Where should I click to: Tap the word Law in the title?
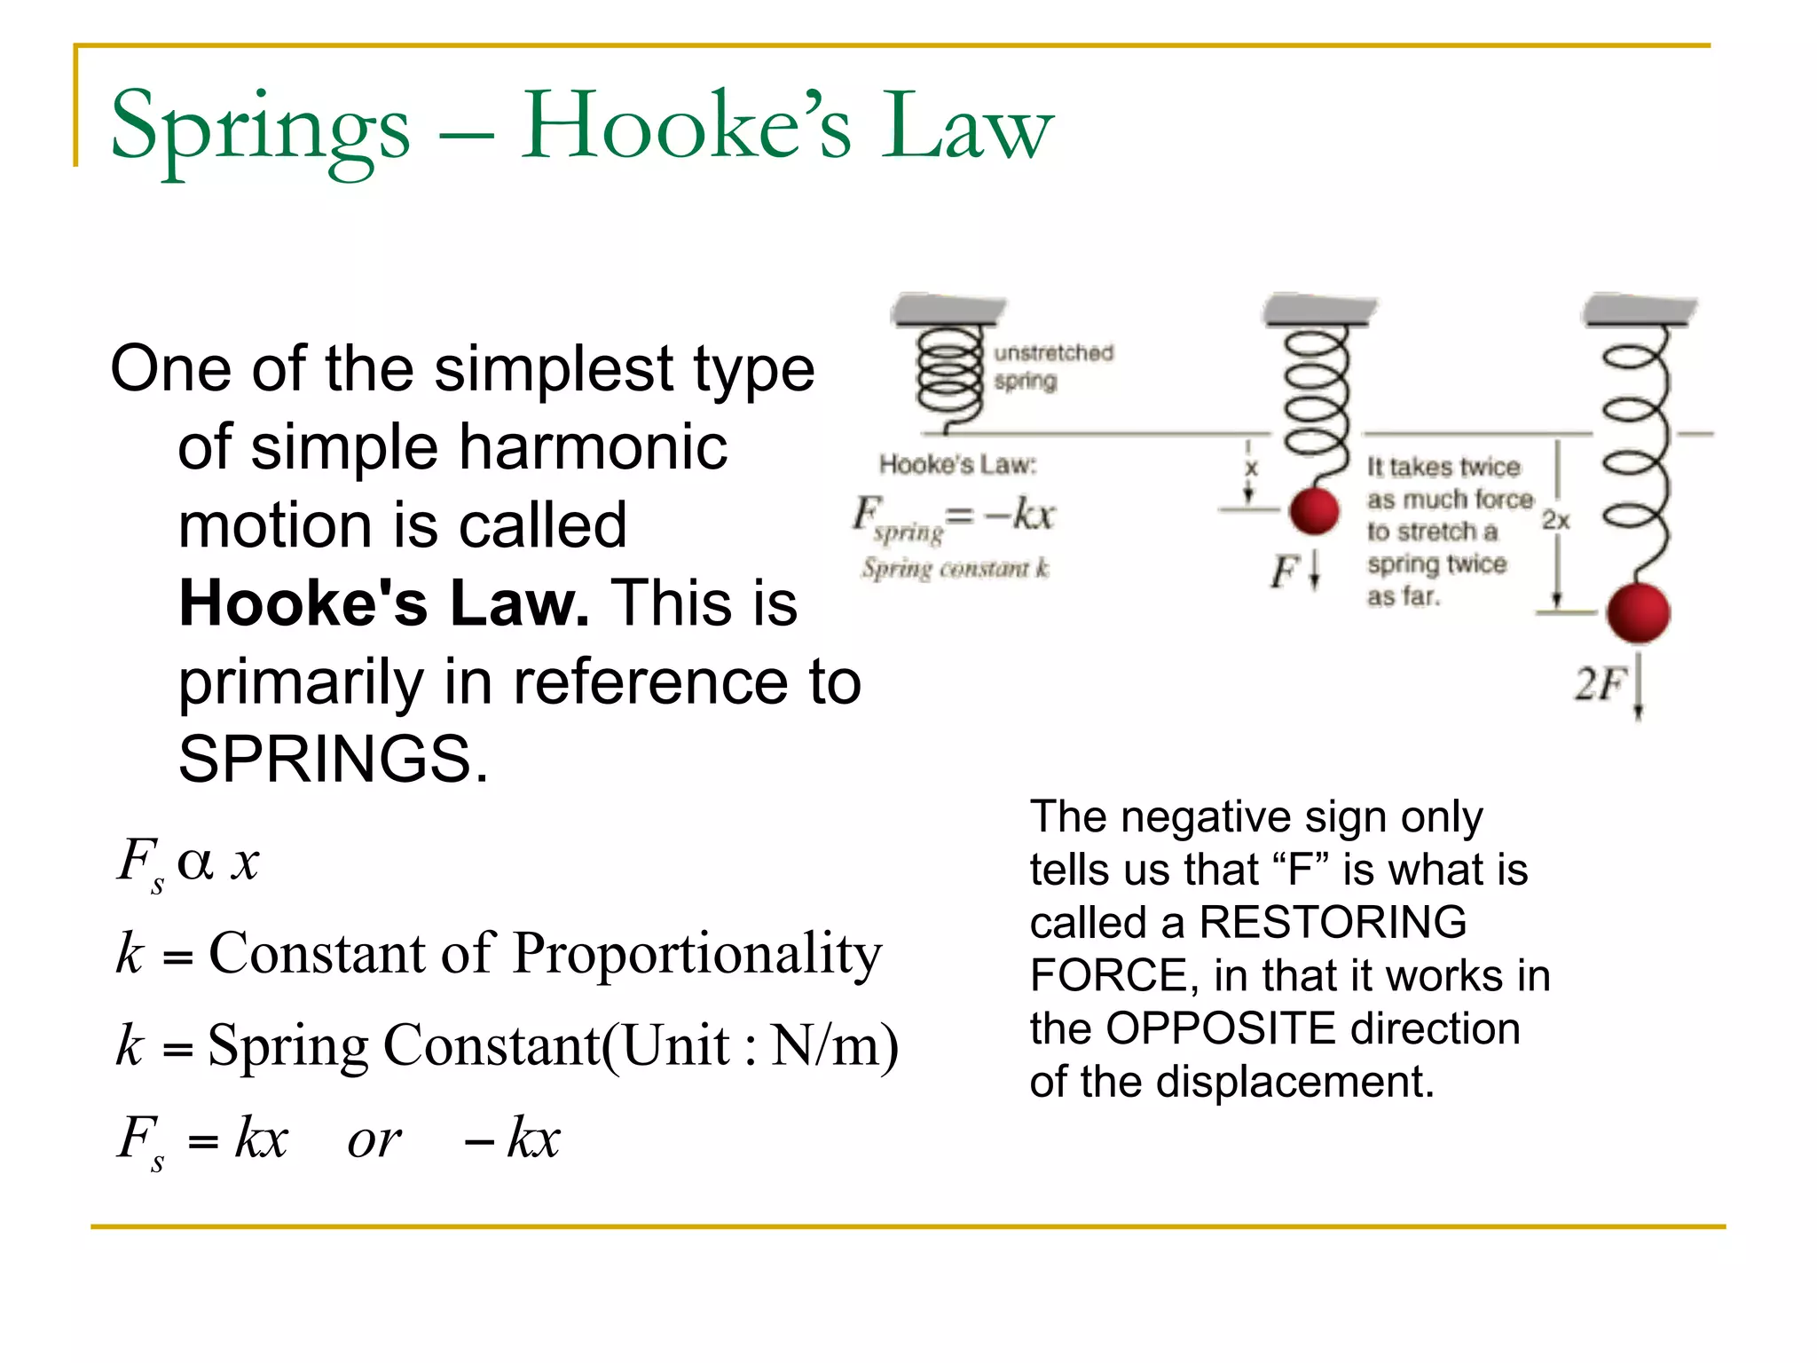[x=966, y=127]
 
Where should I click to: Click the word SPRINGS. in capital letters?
[x=333, y=760]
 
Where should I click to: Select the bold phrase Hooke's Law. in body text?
[x=383, y=603]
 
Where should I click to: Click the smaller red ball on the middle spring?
[x=1313, y=510]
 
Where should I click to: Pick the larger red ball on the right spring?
[x=1638, y=612]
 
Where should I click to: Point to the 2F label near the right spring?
[x=1600, y=684]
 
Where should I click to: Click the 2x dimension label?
[x=1555, y=520]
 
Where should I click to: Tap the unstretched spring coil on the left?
[x=949, y=377]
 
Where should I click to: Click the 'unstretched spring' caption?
[x=1052, y=366]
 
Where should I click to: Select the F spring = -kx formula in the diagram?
[x=954, y=518]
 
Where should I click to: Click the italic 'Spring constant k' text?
[x=955, y=568]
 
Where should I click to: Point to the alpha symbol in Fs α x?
[x=195, y=862]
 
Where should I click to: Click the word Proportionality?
[x=697, y=954]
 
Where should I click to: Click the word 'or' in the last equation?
[x=374, y=1139]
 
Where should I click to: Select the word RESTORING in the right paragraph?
[x=1333, y=922]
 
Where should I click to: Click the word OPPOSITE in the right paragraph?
[x=1220, y=1028]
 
